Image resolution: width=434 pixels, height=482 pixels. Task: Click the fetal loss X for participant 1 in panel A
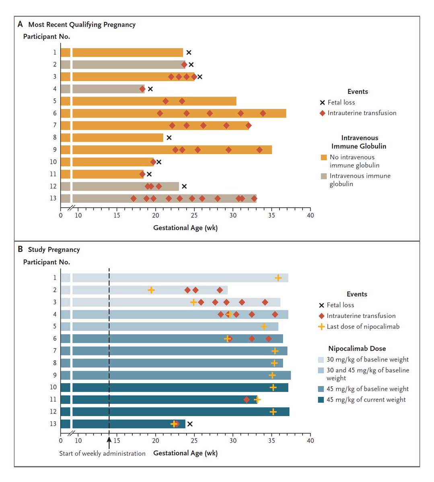pos(189,53)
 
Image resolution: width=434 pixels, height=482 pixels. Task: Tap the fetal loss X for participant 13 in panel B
pos(190,424)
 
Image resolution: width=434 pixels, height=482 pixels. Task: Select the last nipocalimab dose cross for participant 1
pos(278,278)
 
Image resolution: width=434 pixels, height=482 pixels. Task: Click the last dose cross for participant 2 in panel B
pos(151,290)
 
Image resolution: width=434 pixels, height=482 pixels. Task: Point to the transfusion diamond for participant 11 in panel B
pos(247,400)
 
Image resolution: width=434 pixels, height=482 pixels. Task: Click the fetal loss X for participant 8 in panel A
pos(169,138)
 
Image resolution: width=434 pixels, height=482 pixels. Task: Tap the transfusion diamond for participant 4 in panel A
pos(142,89)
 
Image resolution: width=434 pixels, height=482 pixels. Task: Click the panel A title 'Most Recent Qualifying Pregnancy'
pos(82,25)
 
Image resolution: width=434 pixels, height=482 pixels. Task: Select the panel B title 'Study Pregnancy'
pos(54,249)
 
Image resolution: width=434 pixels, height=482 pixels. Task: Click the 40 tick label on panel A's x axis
pos(310,215)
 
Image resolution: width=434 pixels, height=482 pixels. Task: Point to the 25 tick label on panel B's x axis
pos(194,441)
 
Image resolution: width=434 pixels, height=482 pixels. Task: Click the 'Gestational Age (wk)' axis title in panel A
pos(185,228)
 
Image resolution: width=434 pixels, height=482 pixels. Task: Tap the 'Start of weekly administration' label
pos(102,453)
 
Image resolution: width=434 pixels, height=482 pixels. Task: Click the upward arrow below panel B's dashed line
pos(109,442)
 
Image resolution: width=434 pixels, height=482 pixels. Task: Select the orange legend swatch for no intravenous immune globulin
pos(323,157)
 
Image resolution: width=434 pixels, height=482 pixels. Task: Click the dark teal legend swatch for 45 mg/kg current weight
pos(321,400)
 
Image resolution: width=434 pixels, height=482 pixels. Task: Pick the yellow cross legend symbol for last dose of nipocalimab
pos(321,327)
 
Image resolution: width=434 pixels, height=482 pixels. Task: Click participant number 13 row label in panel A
pos(53,198)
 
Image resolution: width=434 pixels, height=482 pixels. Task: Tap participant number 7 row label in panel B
pos(55,351)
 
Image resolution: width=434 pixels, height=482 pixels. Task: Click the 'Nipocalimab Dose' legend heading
pos(357,349)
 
